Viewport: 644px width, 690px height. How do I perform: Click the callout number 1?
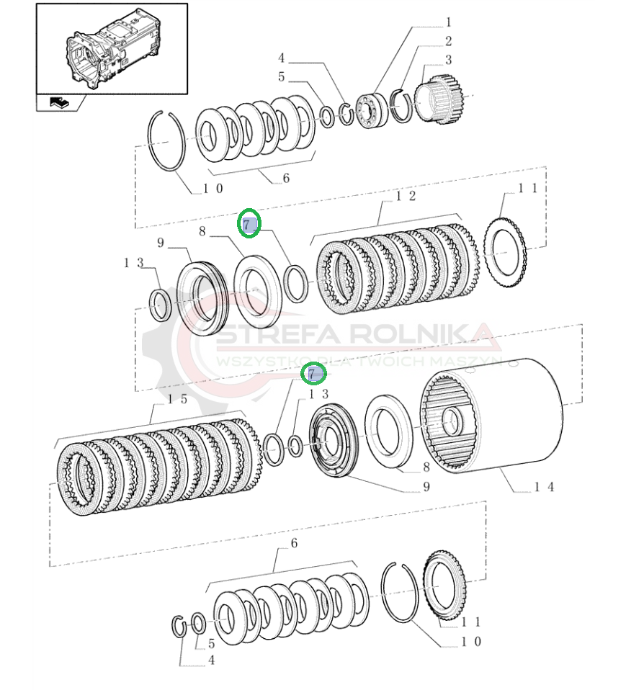pos(447,22)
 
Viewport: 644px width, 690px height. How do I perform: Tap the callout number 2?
pos(447,42)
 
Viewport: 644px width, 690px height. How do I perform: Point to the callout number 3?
pos(447,61)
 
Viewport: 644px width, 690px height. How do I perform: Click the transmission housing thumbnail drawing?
pos(112,48)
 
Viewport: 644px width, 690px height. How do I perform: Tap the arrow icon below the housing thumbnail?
pos(58,102)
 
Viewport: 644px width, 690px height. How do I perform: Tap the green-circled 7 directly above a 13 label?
pos(313,374)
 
